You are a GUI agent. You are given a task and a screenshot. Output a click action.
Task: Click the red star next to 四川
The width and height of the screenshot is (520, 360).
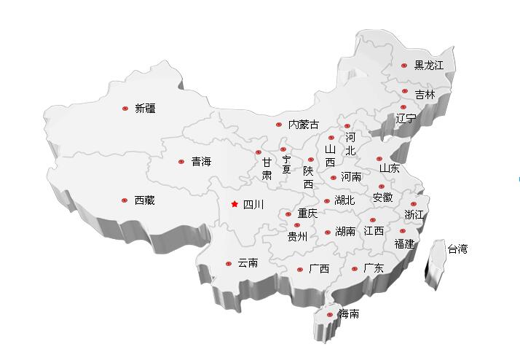pos(235,205)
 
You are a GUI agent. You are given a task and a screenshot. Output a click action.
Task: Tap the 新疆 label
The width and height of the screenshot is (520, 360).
pos(145,109)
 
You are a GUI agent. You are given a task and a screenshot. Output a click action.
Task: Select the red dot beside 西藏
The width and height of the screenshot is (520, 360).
pos(125,200)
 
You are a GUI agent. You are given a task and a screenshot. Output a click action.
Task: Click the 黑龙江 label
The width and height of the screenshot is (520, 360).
pos(429,66)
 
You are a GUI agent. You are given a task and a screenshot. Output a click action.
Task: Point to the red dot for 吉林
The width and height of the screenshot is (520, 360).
pos(405,91)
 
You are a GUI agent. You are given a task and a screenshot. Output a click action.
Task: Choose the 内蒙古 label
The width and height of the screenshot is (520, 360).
pos(303,125)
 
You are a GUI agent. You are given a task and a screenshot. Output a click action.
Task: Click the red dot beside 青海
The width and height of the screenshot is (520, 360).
pos(181,162)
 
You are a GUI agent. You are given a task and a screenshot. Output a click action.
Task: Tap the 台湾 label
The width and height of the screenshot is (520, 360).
pos(457,249)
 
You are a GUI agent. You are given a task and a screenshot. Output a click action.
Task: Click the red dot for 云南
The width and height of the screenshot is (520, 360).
pos(228,263)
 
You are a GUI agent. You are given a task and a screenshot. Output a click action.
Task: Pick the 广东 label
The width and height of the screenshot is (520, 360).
pos(373,268)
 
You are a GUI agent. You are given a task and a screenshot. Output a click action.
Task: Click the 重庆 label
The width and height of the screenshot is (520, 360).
pos(307,214)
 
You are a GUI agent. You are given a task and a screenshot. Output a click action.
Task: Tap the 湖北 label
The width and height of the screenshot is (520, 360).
pos(344,200)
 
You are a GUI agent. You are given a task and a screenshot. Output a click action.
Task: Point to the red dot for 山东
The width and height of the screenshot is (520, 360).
pos(379,159)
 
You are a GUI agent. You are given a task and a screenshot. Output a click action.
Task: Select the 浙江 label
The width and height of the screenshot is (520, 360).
pos(414,214)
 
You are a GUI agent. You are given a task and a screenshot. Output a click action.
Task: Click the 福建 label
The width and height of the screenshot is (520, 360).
pos(404,243)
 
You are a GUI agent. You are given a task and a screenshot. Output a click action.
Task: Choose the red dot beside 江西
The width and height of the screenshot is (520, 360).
pos(373,220)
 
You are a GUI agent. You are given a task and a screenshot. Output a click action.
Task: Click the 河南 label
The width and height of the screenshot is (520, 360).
pos(351,176)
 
